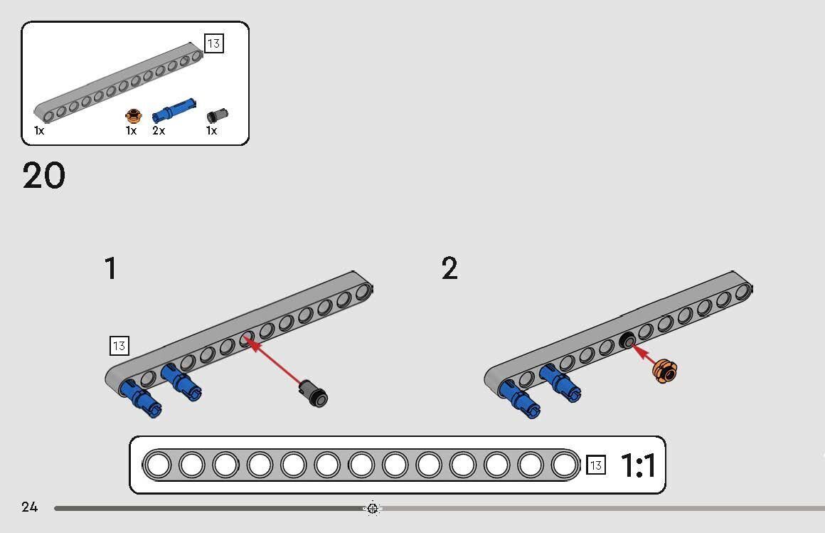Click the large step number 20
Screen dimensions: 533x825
(x=44, y=175)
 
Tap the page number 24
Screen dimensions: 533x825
(x=29, y=507)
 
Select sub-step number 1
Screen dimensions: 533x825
(x=110, y=269)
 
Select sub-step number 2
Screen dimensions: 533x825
(x=449, y=269)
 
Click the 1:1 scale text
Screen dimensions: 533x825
(x=639, y=466)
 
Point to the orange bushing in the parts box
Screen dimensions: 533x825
(x=133, y=115)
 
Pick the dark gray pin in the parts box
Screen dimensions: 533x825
(x=217, y=115)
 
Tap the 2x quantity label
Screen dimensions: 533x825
(x=158, y=131)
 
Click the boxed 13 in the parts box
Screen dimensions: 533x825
(x=213, y=43)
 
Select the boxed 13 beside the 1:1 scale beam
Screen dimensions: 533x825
(x=596, y=465)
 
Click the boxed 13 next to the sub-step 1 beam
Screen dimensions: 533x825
(x=119, y=346)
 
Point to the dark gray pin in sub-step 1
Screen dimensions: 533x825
(x=313, y=393)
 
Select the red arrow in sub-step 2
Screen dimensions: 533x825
(x=644, y=356)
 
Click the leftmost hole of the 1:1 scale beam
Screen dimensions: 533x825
(x=157, y=465)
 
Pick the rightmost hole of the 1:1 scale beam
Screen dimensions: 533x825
(x=565, y=465)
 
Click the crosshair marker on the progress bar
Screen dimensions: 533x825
(x=373, y=508)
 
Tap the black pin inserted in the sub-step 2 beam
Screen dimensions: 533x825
(x=627, y=341)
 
